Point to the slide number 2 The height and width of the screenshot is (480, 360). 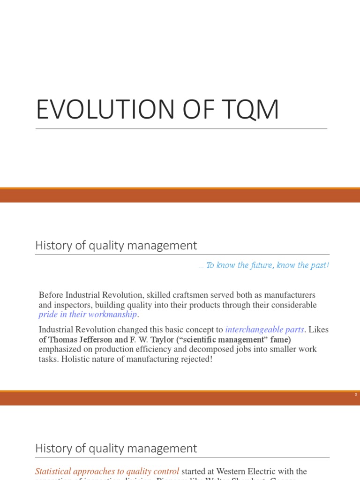pos(356,395)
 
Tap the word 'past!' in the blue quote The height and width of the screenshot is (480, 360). pos(319,265)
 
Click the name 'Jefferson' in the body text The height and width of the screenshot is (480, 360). pos(92,339)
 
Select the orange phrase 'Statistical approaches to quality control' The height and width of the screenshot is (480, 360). pos(107,471)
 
